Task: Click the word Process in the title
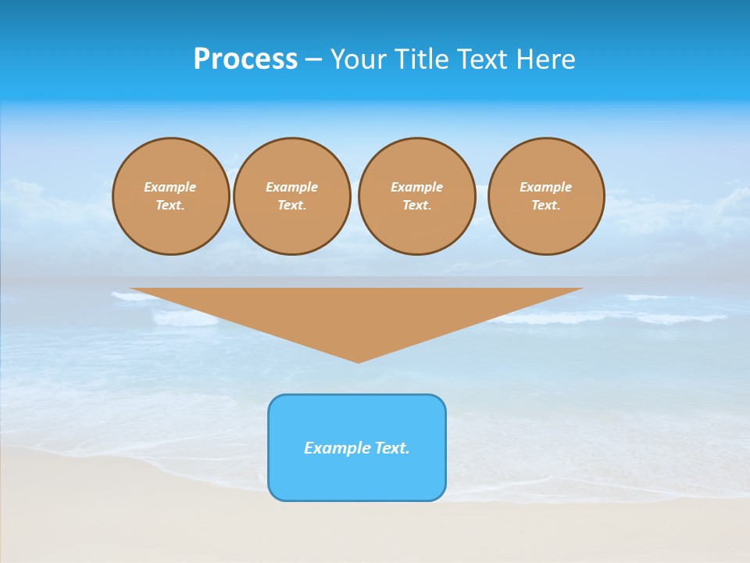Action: (x=245, y=59)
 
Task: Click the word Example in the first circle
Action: (x=170, y=187)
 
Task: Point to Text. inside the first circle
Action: (x=170, y=206)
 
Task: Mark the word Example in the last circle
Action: (x=546, y=187)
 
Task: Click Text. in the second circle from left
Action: (x=292, y=206)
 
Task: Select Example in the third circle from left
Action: (x=416, y=187)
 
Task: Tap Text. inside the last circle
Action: (x=546, y=206)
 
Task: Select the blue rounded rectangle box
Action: (x=357, y=478)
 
